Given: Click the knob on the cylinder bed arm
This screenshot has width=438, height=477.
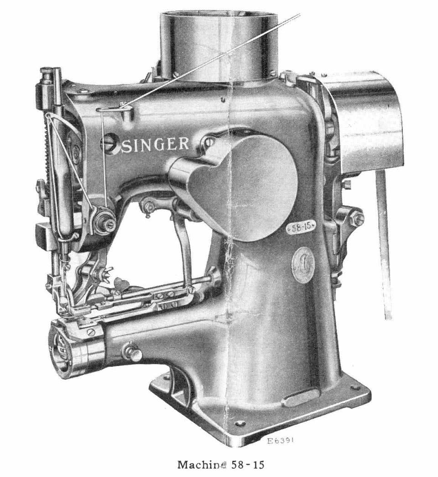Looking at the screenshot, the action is [133, 352].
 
